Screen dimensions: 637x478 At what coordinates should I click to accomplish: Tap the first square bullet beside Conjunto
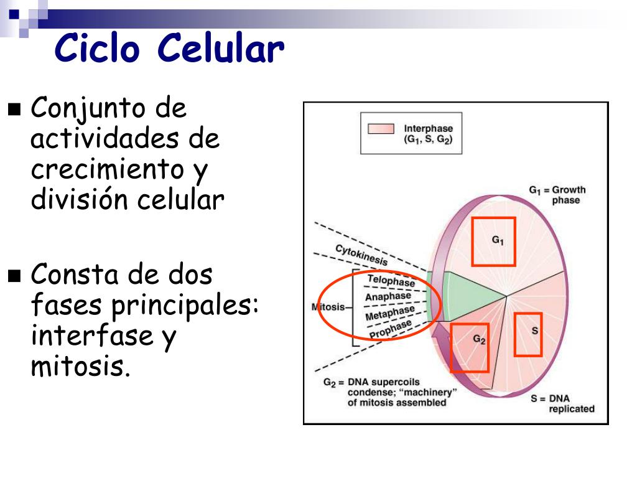coord(14,110)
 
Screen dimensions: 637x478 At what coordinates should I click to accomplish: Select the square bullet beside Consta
coord(14,276)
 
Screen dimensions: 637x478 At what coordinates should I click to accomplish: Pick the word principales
coord(185,306)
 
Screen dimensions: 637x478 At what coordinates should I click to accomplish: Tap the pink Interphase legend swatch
coord(381,129)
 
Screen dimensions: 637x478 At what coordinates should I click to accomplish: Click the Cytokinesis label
coord(361,255)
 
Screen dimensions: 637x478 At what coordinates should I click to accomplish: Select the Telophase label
coord(391,281)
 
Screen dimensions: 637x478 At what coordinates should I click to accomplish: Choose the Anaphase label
coord(388,296)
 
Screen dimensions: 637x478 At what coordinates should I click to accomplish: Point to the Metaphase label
coord(389,312)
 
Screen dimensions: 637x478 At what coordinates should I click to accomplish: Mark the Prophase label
coord(391,329)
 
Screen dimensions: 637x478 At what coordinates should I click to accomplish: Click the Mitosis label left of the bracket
coord(328,307)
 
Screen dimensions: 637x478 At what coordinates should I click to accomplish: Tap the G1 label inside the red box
coord(498,240)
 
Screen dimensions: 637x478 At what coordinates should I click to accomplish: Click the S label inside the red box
coord(535,331)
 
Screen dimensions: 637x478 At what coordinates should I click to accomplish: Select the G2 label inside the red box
coord(480,339)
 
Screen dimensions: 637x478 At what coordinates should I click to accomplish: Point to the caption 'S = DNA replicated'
coord(562,403)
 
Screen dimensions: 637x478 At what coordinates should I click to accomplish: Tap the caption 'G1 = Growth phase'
coord(557,195)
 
